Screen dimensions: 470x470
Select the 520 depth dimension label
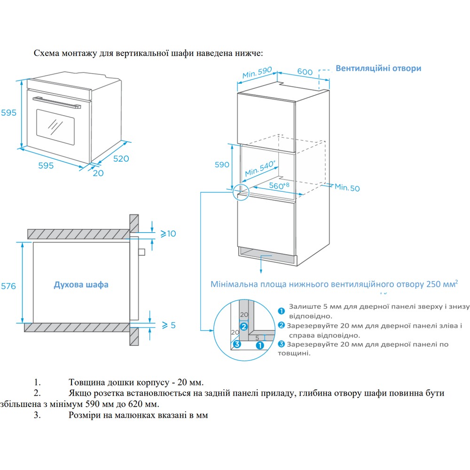(120, 158)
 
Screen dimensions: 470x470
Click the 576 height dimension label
(8, 286)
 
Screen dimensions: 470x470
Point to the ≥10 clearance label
(168, 233)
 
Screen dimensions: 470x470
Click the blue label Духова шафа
(81, 285)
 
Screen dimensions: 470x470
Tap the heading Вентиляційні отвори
(378, 68)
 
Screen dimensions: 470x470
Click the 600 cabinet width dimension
(305, 71)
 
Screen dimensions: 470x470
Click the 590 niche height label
(222, 164)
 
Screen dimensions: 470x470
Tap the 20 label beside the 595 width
(98, 172)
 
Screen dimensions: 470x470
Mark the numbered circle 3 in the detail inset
(237, 345)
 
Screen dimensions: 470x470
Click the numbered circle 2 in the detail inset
(243, 326)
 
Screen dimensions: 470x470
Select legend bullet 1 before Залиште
(281, 310)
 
